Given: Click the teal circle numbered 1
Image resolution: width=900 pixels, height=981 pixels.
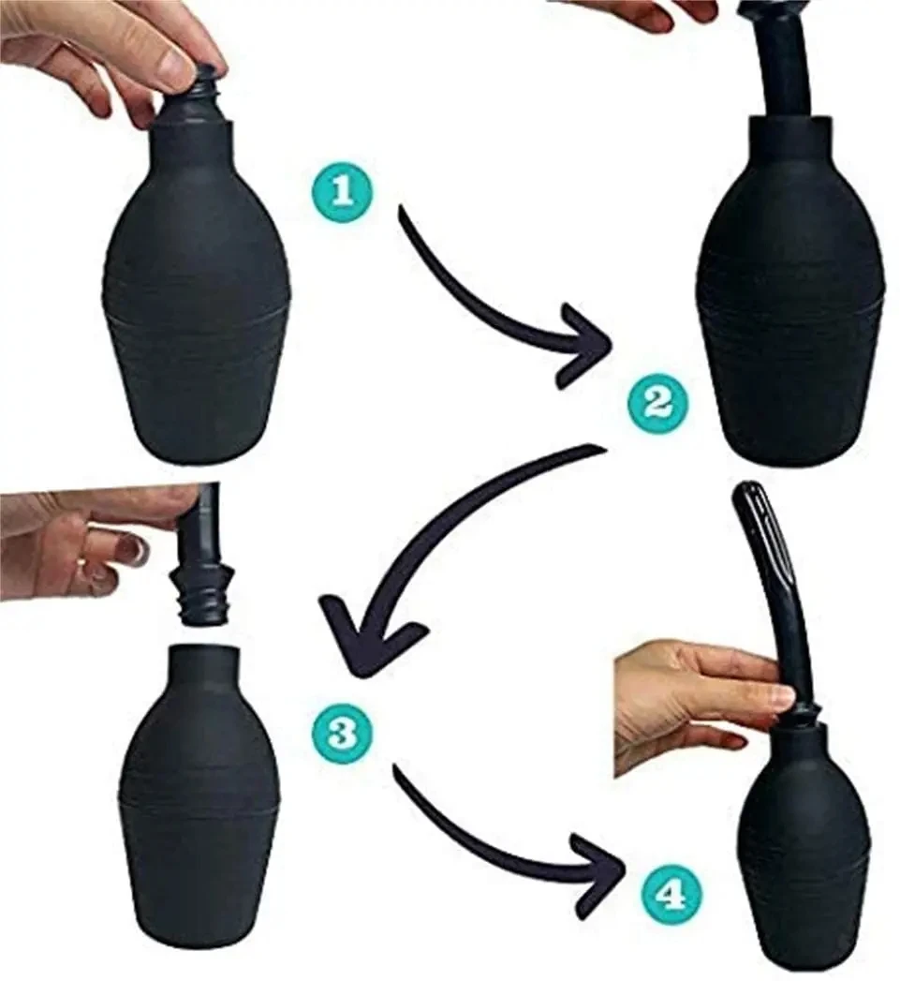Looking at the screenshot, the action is pos(341,190).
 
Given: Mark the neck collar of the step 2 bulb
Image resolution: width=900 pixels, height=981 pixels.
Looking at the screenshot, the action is pos(791,135).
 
